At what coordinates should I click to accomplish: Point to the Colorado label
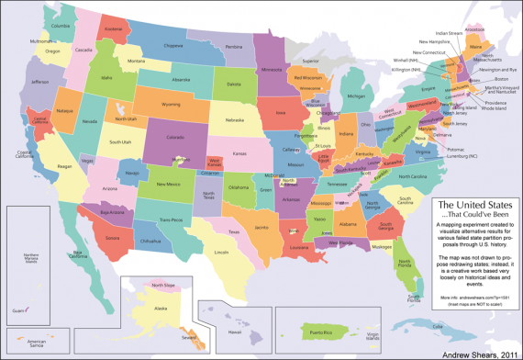click(x=175, y=138)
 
